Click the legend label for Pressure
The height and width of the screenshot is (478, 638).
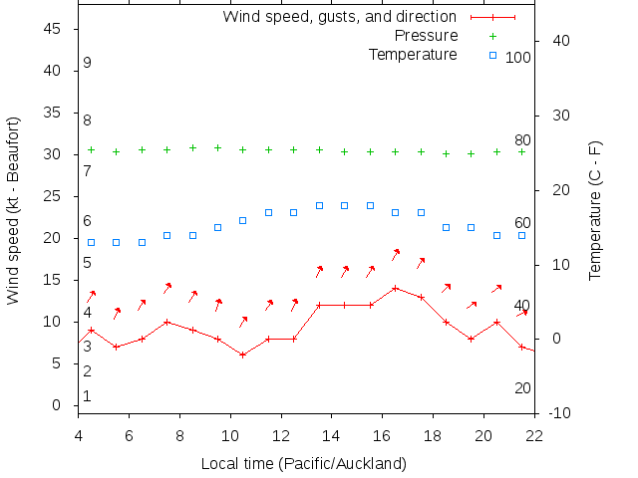tap(421, 36)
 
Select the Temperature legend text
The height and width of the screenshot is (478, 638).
tap(413, 54)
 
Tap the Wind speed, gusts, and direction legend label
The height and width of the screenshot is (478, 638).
tap(339, 17)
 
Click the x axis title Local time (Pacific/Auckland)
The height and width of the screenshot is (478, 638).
tap(304, 463)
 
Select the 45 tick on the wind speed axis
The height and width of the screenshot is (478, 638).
tap(53, 30)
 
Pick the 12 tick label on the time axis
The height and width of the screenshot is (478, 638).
tap(281, 434)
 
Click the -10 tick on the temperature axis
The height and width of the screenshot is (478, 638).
tap(560, 413)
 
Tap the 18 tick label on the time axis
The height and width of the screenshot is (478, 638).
tap(433, 434)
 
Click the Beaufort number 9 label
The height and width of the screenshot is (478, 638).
tap(88, 63)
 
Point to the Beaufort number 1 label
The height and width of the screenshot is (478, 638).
tap(88, 396)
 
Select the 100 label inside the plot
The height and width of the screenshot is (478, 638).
tap(518, 58)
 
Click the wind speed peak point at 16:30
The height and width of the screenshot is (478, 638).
tap(396, 288)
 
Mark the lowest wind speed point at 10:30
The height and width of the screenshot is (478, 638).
tap(242, 355)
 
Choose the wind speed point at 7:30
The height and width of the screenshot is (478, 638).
tap(166, 322)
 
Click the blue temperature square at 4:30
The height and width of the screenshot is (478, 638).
tap(91, 242)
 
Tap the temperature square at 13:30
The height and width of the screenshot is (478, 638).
tap(319, 205)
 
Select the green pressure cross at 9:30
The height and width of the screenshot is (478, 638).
tap(217, 147)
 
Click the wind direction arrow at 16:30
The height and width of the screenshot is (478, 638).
tap(395, 254)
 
